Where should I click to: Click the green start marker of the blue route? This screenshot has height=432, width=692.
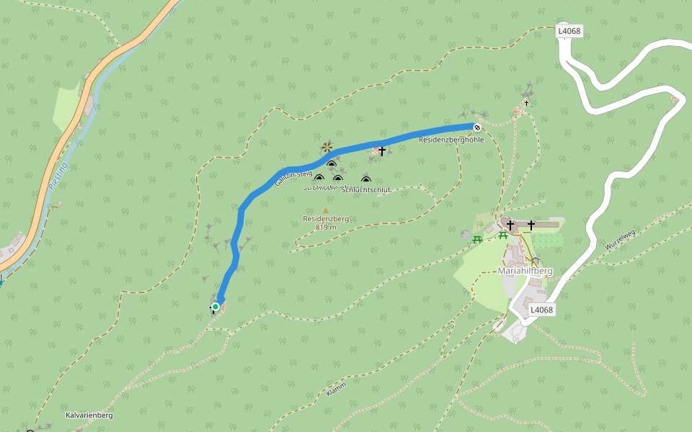pos(215,307)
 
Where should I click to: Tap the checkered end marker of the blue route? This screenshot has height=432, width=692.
pos(476,127)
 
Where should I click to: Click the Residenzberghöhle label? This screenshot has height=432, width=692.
pos(451,140)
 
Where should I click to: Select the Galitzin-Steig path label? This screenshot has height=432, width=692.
pos(293,178)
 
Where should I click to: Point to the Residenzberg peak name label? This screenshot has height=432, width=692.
pos(326,218)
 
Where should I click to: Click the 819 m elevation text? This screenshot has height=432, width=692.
pos(326,228)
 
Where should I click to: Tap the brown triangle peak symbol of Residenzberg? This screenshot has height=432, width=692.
pos(325,210)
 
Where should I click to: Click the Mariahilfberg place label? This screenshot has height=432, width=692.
pos(525,271)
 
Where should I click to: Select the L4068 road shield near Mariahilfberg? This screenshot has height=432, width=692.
pos(541,310)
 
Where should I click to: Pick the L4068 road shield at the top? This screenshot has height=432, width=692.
pos(569,31)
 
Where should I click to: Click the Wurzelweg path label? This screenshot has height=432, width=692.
pos(620,239)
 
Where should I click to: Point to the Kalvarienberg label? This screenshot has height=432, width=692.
pos(89,415)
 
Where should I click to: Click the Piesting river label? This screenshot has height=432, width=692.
pos(58,176)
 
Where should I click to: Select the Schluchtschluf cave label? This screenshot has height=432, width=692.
pos(366,190)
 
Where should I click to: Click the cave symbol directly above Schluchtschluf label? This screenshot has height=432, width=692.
pos(365,180)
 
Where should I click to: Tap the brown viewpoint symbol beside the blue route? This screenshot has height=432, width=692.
pos(327,148)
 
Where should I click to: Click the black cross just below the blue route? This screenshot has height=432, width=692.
pos(381,151)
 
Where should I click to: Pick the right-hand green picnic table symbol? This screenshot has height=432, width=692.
pos(502,235)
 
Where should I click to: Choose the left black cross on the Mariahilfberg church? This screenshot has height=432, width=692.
pos(510,225)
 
